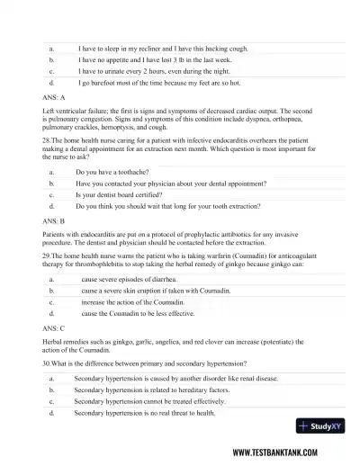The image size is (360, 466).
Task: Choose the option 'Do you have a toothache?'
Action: (117, 170)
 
